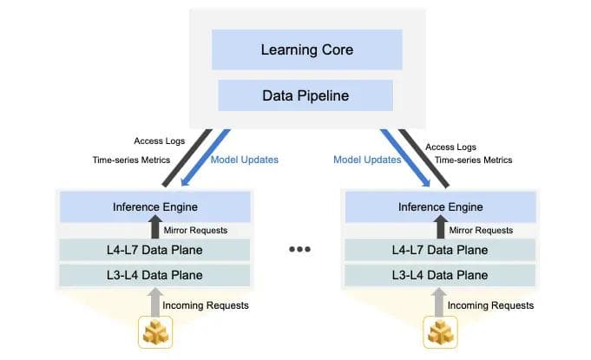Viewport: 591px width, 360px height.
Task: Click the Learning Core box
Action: [x=306, y=49]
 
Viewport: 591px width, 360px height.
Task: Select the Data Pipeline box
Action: [x=305, y=95]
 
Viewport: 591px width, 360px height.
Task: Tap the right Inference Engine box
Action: [x=440, y=207]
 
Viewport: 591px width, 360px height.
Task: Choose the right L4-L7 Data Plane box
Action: [x=440, y=251]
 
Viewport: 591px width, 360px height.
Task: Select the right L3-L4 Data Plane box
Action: [x=440, y=275]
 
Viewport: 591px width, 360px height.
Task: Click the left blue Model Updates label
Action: [x=245, y=160]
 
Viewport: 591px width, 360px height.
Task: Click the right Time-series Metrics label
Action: [x=474, y=160]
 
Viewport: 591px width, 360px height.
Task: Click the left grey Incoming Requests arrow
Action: [x=155, y=303]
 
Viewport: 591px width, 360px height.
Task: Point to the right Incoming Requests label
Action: [x=496, y=305]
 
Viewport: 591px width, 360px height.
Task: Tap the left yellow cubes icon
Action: [x=154, y=332]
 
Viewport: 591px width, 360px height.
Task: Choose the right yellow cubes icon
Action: [x=441, y=332]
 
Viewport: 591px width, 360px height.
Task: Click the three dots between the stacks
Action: [x=300, y=250]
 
